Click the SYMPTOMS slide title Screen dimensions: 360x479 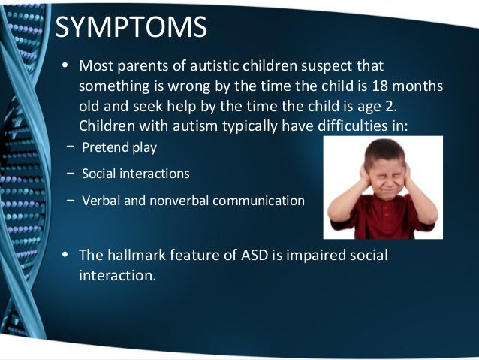[132, 27]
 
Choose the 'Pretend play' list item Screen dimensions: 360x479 [119, 147]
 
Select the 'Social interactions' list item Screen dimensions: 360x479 [135, 174]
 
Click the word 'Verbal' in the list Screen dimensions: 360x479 [100, 201]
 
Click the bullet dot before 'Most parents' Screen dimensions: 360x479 [65, 66]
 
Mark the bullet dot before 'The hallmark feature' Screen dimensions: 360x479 [65, 256]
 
